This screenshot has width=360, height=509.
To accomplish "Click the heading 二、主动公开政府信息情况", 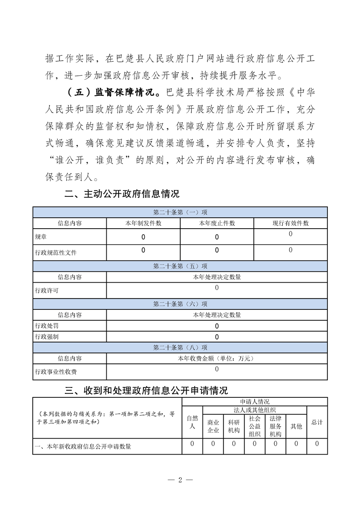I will (x=122, y=194).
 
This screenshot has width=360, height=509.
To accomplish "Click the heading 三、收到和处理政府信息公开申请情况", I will (x=146, y=390).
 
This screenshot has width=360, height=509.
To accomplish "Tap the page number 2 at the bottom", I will (x=180, y=480).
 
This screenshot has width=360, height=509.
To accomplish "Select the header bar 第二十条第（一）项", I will (x=180, y=212).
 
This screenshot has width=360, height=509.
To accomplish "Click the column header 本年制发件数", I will (x=143, y=223).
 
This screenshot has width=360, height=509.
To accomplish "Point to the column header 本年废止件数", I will (x=217, y=223).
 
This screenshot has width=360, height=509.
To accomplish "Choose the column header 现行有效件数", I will (x=290, y=223).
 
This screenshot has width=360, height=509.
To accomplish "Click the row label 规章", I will (x=41, y=237).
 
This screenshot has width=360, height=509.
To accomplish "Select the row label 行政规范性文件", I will (x=56, y=252).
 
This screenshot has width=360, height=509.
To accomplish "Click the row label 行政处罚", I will (x=47, y=326).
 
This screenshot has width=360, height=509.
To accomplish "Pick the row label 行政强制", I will (x=47, y=337).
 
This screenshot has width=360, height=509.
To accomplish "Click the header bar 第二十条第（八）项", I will (x=180, y=347).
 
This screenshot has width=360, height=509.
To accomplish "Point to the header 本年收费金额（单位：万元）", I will (x=217, y=358).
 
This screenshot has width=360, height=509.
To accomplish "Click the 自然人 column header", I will (x=192, y=422).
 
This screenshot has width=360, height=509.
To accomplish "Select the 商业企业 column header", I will (x=213, y=426).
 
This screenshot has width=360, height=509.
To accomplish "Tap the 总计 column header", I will (x=317, y=422).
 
